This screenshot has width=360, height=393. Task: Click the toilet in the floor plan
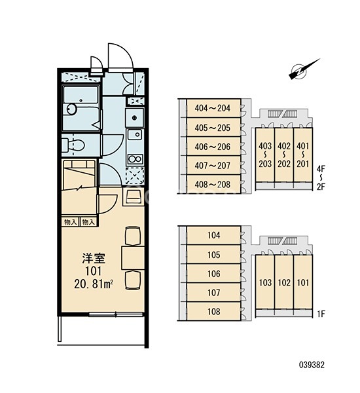pyautogui.click(x=74, y=145)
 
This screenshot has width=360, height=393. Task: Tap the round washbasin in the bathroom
pyautogui.click(x=71, y=109)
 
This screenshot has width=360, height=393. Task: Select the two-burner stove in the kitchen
pyautogui.click(x=135, y=159)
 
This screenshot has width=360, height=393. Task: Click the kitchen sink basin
pyautogui.click(x=135, y=134)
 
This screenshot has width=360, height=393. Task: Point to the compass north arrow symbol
pyautogui.click(x=304, y=69)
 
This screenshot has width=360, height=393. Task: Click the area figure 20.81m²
pyautogui.click(x=93, y=284)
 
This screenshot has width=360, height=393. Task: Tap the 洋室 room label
pyautogui.click(x=94, y=259)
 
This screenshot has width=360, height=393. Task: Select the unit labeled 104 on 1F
pyautogui.click(x=213, y=235)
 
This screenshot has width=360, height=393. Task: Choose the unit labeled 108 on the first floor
pyautogui.click(x=213, y=311)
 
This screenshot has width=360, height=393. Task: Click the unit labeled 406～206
pyautogui.click(x=213, y=147)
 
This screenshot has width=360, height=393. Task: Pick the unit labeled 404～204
pyautogui.click(x=213, y=108)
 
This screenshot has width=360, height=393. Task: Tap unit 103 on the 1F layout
pyautogui.click(x=265, y=282)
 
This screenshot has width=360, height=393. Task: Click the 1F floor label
pyautogui.click(x=321, y=314)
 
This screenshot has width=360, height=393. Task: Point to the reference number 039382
pyautogui.click(x=312, y=364)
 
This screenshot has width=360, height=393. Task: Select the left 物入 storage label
pyautogui.click(x=71, y=222)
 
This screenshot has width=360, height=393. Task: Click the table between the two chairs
pyautogui.click(x=133, y=258)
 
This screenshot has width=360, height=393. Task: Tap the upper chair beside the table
pyautogui.click(x=133, y=236)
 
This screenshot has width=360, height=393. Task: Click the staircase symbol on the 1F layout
pyautogui.click(x=282, y=241)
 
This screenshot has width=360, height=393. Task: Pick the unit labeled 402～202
pyautogui.click(x=284, y=155)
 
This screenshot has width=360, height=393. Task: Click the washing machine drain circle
pyautogui.click(x=135, y=117)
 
